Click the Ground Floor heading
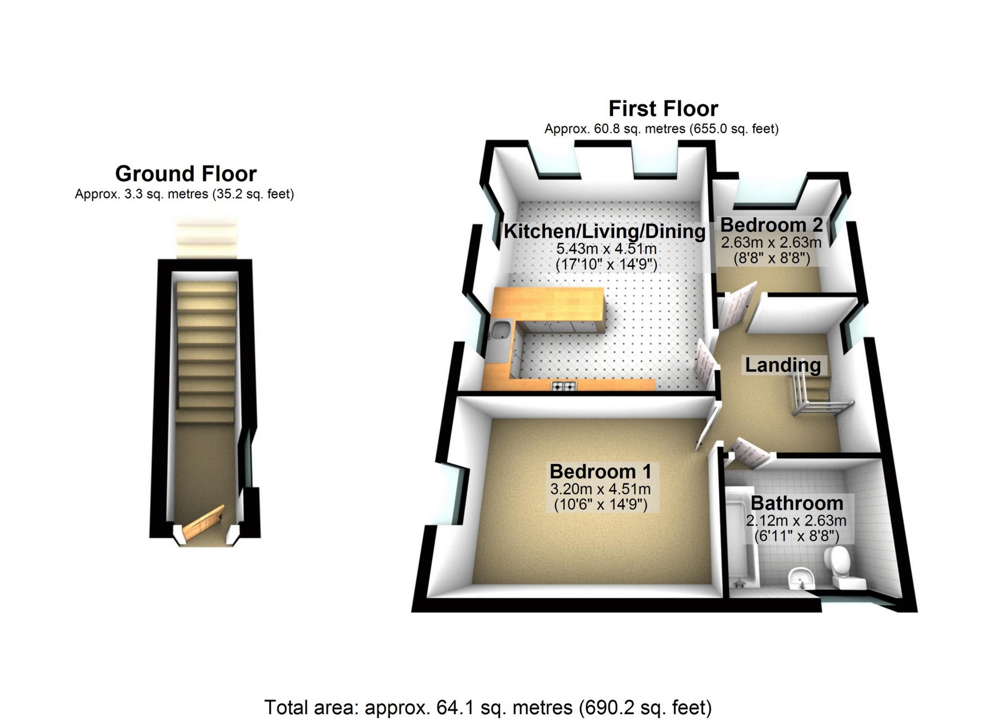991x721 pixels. [x=186, y=174]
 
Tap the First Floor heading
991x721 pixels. [x=663, y=108]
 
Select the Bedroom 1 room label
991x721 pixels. [x=600, y=471]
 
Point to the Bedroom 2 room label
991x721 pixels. [x=771, y=225]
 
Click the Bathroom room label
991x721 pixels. [x=797, y=503]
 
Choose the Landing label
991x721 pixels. [x=783, y=365]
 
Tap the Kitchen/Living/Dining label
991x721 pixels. [x=604, y=231]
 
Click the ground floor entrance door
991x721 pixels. [x=204, y=524]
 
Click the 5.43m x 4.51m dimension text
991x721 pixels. [x=606, y=249]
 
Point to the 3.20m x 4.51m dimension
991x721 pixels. [x=600, y=488]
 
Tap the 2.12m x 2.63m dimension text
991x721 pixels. [x=796, y=520]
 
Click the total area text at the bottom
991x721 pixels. [x=488, y=707]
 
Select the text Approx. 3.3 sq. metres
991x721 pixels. [x=143, y=194]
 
